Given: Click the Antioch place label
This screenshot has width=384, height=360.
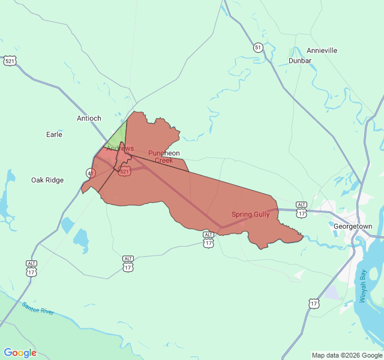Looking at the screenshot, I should (89, 118).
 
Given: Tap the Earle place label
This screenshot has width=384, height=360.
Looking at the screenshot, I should (54, 134).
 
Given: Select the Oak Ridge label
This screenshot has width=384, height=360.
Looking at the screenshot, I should (47, 180).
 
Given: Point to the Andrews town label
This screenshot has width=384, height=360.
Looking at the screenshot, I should (120, 148).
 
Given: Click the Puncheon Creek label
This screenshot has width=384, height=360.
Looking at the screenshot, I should (164, 157).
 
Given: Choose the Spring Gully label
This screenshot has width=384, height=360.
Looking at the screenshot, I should (250, 214).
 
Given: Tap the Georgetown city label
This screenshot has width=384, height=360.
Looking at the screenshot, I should (353, 226).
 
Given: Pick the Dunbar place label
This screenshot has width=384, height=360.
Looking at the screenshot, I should (300, 61).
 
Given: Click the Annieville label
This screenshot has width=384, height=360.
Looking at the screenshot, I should (322, 51).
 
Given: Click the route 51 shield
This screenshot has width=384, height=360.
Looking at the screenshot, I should (257, 47).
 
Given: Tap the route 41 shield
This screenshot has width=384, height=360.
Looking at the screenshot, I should (91, 173).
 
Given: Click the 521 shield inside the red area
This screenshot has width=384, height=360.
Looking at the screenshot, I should (124, 172).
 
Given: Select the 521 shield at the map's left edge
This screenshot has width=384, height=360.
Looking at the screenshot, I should (10, 61).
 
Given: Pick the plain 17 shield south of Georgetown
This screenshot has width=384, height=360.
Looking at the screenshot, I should (314, 304).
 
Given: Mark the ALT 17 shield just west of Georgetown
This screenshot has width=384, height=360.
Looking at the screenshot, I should (301, 210).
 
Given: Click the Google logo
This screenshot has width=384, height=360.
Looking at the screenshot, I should (20, 353).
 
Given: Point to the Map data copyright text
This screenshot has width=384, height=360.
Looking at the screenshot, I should (347, 355).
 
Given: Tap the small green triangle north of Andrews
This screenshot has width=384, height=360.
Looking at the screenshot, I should (120, 136).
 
